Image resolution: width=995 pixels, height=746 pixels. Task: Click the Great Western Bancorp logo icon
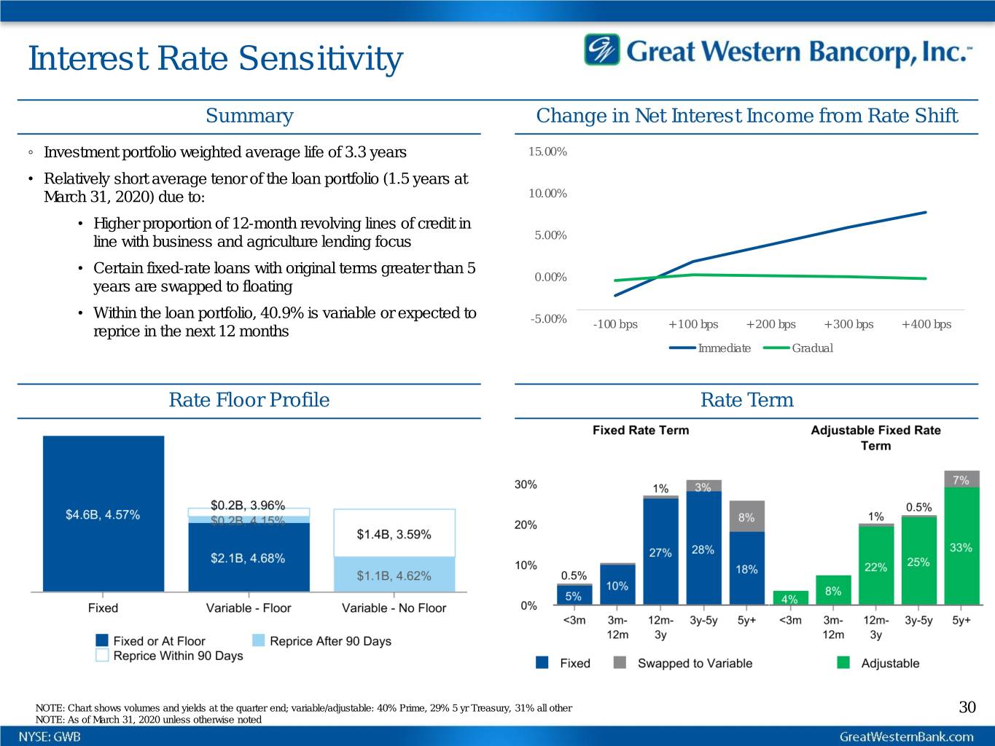601,50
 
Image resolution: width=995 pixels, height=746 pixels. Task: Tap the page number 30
967,707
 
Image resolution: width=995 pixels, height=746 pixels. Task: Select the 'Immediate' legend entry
724,348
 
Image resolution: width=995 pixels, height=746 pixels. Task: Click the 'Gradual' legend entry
812,348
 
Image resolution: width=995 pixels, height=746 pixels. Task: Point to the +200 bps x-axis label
770,324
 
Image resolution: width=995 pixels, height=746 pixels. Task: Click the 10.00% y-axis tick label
547,193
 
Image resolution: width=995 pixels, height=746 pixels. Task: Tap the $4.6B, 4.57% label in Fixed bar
103,514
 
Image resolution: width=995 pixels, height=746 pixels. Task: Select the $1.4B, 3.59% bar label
394,534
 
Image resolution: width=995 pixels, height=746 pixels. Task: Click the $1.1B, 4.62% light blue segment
394,575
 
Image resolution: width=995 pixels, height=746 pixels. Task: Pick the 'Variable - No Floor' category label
394,608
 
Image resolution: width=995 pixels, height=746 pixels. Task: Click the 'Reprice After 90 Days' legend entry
329,641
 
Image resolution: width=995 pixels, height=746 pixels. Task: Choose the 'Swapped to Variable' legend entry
694,663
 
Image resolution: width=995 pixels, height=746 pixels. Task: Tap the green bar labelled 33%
961,546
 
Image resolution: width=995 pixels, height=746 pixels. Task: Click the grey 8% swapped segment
746,516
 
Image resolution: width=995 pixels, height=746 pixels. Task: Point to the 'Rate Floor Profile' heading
249,400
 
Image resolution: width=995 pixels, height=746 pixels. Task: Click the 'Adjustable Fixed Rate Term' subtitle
875,438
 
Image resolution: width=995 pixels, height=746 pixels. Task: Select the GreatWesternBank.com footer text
906,737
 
